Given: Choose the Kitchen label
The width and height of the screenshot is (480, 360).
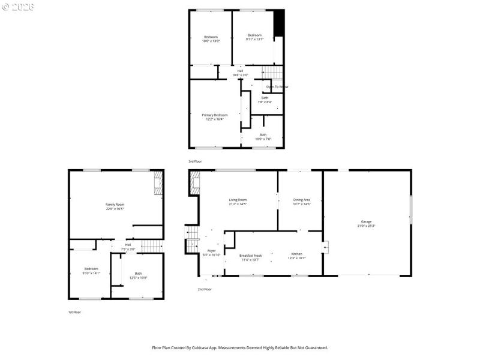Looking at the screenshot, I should pyautogui.click(x=298, y=256).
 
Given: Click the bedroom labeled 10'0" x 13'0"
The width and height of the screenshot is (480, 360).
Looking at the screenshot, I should pyautogui.click(x=211, y=38).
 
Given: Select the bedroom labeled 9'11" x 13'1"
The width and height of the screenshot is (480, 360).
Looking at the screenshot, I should pyautogui.click(x=254, y=37).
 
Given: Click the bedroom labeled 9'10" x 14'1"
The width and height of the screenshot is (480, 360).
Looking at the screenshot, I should pyautogui.click(x=91, y=270).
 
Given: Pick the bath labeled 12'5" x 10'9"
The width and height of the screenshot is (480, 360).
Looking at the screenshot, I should pyautogui.click(x=139, y=275).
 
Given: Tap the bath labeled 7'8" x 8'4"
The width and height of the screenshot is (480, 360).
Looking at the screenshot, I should pyautogui.click(x=265, y=100).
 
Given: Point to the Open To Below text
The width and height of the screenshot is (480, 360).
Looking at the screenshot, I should pyautogui.click(x=277, y=87).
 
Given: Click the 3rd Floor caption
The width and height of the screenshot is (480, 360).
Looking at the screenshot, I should pyautogui.click(x=196, y=161).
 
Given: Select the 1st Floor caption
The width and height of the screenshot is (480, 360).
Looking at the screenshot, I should pyautogui.click(x=74, y=313).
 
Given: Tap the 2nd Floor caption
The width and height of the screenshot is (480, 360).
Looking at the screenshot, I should pyautogui.click(x=205, y=289).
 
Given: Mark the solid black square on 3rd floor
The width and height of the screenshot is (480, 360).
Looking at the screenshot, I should pyautogui.click(x=278, y=23).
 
